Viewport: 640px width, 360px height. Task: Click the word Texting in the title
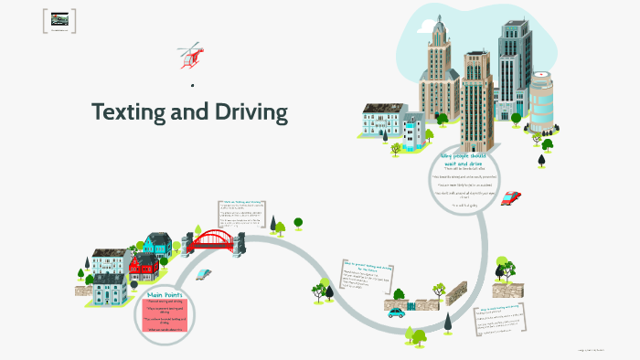(x=128, y=112)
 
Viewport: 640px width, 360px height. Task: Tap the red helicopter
(x=192, y=55)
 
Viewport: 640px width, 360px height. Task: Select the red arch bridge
(x=218, y=240)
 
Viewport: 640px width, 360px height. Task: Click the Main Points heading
(x=167, y=295)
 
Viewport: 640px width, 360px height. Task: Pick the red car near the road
(x=511, y=197)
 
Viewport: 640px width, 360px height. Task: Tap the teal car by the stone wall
(x=395, y=312)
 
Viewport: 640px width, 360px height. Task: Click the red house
(x=144, y=268)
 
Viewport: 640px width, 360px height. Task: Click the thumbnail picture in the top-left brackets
(x=60, y=19)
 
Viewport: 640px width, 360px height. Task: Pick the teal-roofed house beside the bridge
(x=157, y=244)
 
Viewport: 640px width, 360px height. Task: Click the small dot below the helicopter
(x=192, y=87)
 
